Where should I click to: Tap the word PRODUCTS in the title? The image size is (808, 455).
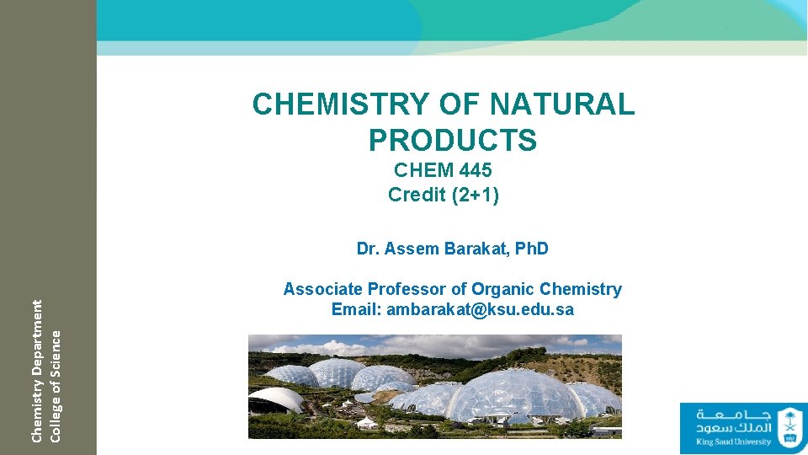(x=452, y=140)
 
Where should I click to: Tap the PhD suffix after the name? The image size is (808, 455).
(x=531, y=249)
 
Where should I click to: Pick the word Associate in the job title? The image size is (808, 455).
(x=321, y=290)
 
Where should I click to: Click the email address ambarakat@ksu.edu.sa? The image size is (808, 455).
(x=480, y=310)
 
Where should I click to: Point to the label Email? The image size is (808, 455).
(x=357, y=310)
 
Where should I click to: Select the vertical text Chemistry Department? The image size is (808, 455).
(x=37, y=370)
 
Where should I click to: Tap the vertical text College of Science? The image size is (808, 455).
(x=56, y=383)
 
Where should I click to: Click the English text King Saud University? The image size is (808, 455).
(x=733, y=442)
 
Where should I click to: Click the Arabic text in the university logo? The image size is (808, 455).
(x=732, y=420)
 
